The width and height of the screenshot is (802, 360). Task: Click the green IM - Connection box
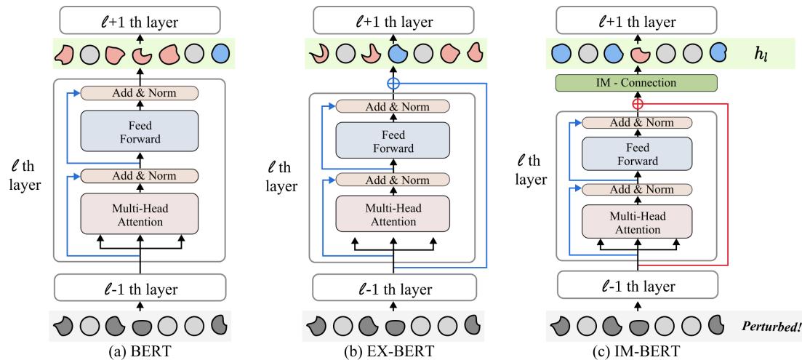coord(637,82)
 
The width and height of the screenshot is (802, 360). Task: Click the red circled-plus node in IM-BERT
coord(638,104)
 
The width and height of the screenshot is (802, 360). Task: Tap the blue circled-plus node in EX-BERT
coord(393,83)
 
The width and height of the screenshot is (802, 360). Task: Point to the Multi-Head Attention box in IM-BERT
coord(637,223)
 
